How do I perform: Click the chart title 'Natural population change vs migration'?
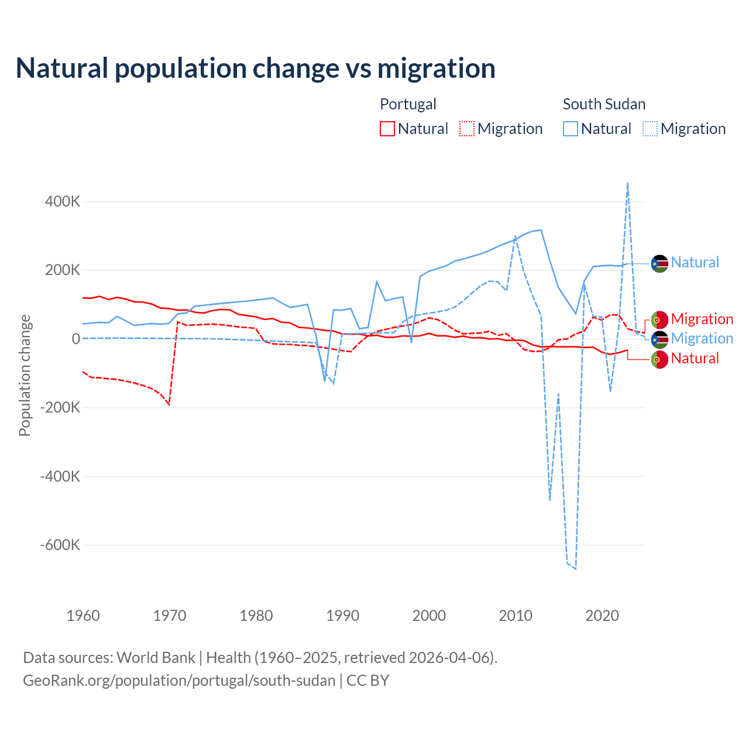pos(256,68)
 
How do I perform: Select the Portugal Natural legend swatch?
pos(387,129)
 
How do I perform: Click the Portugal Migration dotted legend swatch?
pos(467,129)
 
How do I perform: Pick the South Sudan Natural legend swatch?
pos(571,129)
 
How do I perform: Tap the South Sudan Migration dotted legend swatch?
pos(650,129)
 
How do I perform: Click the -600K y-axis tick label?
pos(60,545)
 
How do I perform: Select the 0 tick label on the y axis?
pos(76,339)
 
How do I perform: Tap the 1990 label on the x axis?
pos(343,616)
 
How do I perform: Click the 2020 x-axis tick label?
pos(602,616)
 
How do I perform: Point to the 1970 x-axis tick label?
pos(170,616)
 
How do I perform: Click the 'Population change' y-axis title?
pos(25,376)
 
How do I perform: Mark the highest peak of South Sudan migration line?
pos(628,183)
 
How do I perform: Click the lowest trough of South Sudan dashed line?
pos(576,569)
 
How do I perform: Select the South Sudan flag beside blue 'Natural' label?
pos(659,264)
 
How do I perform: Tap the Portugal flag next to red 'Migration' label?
pos(659,319)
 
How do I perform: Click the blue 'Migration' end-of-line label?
pos(702,338)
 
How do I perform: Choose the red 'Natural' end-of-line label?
pos(695,358)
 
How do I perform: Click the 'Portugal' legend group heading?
pos(408,104)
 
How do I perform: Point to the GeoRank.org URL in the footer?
pos(179,681)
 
